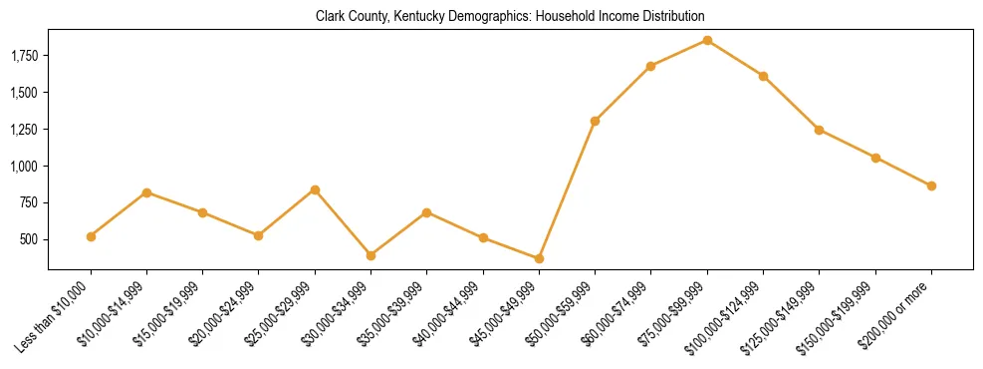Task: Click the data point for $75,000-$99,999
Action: [x=707, y=40]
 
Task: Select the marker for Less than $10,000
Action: [x=91, y=236]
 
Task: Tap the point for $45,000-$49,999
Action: [x=539, y=258]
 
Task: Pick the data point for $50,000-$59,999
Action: [x=595, y=121]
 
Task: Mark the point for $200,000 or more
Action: [x=931, y=185]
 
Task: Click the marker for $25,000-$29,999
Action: [x=315, y=189]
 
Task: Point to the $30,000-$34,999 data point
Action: [x=370, y=255]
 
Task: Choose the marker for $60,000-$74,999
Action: [x=650, y=66]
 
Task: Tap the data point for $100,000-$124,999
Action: [x=763, y=76]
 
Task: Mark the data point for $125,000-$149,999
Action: [x=819, y=130]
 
